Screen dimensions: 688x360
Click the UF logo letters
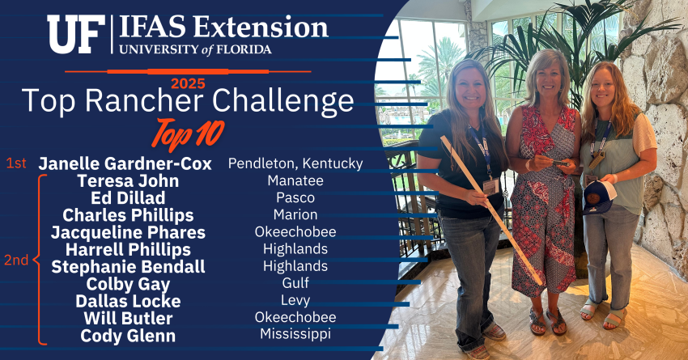76,34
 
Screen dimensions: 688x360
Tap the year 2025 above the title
188,83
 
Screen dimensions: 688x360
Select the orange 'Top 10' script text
188,133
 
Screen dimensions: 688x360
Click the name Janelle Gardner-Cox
125,164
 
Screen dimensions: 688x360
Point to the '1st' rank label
16,163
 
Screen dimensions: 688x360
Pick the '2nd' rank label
16,260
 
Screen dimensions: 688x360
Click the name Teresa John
128,181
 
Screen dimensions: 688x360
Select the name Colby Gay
128,285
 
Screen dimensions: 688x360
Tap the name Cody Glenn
128,336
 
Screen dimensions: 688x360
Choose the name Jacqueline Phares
128,232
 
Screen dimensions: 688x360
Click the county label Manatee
295,180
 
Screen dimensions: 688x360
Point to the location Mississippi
295,334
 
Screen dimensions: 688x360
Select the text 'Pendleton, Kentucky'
295,163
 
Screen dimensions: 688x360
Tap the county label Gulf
295,283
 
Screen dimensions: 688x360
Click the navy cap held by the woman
598,197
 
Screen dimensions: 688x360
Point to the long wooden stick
491,210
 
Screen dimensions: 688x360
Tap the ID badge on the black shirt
491,186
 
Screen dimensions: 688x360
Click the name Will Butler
128,319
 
